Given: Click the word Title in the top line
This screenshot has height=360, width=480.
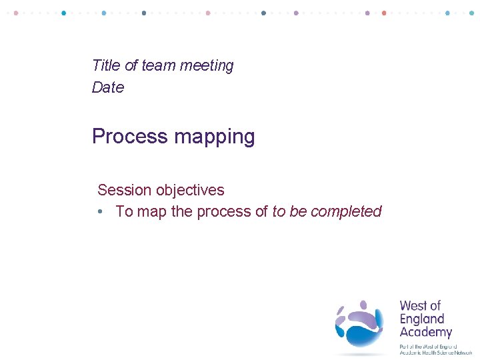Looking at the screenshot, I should [106, 65].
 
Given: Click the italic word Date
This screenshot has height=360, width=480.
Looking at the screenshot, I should [108, 87].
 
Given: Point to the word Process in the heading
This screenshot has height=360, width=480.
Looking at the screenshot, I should [129, 137].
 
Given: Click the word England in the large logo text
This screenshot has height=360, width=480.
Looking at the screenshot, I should [421, 319].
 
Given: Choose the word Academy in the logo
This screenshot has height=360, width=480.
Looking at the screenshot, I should [425, 332].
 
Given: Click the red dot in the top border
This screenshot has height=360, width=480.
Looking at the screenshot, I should [384, 13].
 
